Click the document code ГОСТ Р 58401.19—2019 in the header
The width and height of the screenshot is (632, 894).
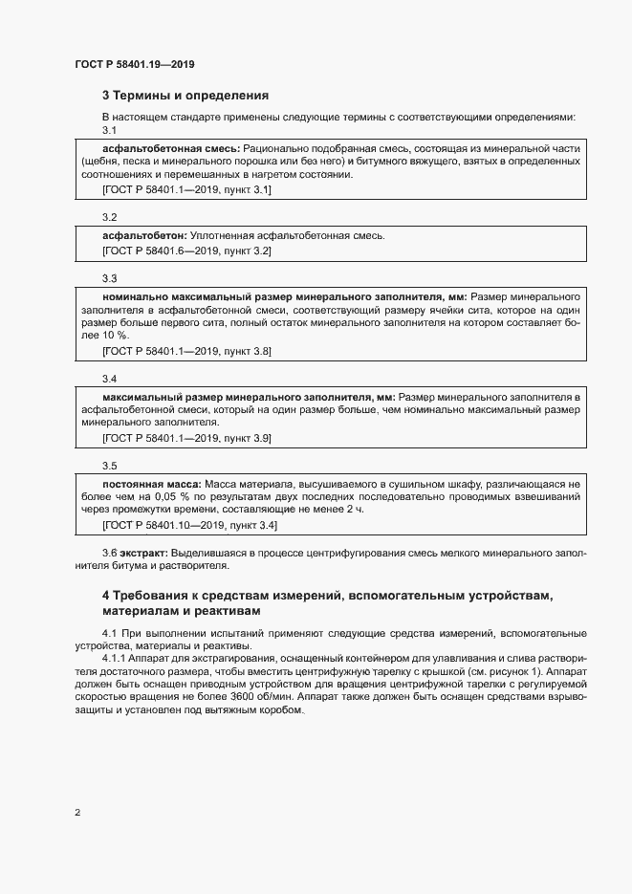[134, 65]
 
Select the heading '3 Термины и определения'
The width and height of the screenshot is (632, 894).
[185, 96]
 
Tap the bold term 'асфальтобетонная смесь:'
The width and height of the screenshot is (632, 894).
[171, 149]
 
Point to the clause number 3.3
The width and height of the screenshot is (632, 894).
[109, 278]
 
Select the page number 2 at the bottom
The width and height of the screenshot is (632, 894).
[76, 814]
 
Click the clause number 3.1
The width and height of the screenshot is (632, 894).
[109, 130]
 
